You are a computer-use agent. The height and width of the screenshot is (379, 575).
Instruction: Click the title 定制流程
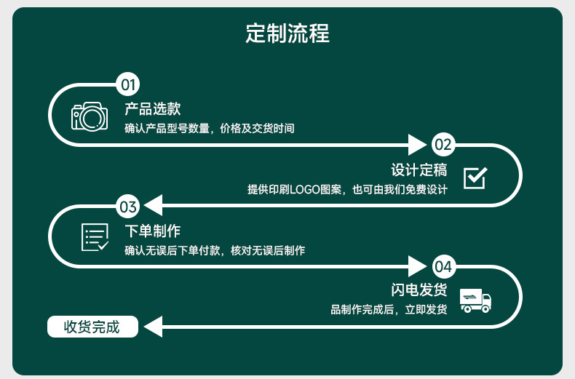pos(287,33)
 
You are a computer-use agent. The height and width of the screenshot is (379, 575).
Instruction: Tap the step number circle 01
pos(128,84)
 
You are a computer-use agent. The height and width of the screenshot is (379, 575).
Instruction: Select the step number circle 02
pos(443,145)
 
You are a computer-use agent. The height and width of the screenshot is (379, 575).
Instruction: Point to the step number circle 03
pos(128,207)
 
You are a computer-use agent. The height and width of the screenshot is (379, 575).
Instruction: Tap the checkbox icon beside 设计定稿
pos(475,177)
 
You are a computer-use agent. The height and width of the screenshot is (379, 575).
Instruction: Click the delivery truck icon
pos(475,299)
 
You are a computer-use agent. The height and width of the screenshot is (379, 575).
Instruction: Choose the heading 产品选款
pos(152,109)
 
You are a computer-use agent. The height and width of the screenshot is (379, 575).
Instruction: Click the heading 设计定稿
pos(419,170)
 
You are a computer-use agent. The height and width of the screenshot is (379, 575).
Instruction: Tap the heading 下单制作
pos(152,231)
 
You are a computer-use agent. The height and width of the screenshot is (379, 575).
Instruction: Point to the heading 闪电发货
pos(419,290)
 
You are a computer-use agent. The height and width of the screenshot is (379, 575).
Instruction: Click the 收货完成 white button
pos(92,327)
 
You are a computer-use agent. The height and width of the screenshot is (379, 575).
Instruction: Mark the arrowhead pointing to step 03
pos(151,207)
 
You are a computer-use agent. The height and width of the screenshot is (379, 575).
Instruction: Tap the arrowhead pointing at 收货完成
pos(152,327)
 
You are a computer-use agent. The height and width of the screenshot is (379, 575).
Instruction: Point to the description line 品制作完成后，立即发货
pos(389,310)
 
